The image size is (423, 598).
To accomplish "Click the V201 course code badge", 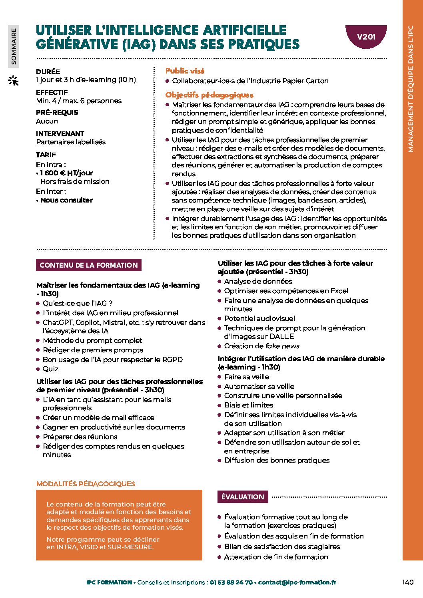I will point(366,37).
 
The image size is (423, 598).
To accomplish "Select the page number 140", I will point(408,582).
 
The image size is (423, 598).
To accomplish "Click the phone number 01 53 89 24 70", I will point(231,582).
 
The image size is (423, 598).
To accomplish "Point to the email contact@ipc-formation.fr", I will point(297,582).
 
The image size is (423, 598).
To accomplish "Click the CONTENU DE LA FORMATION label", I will point(89,265).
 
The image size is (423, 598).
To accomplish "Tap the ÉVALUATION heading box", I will point(243,497).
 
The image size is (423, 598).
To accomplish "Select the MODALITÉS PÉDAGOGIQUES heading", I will point(86,484).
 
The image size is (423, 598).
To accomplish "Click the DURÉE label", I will point(48,72).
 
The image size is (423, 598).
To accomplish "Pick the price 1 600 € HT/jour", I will point(66,173).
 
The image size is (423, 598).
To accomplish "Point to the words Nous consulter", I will point(66,200).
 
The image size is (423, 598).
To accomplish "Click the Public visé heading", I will point(185,71).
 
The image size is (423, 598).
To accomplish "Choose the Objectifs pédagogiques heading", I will point(210,95).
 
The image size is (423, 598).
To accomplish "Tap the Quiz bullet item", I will point(50,369).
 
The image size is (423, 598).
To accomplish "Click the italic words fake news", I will point(284,346).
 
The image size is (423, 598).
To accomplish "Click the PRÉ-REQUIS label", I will point(57,113).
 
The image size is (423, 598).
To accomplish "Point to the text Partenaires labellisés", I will point(71,142).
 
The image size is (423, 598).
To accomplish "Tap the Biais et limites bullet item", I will point(248,405).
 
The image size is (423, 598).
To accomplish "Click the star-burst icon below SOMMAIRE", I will point(14,81).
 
